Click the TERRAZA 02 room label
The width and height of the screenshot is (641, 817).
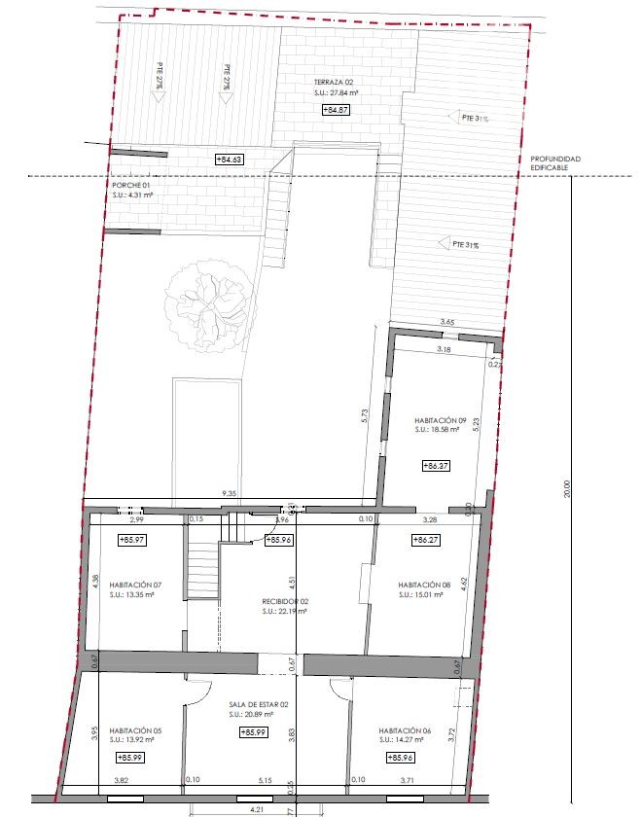point(333,82)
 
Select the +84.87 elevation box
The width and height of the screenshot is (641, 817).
point(336,111)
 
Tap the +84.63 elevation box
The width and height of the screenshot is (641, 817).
point(228,159)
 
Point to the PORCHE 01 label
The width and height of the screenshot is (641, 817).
point(131,184)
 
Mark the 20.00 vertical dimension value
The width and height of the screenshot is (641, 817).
point(569,492)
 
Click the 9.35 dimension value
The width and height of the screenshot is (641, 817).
point(231,494)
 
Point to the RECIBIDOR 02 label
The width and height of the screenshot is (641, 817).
point(285,601)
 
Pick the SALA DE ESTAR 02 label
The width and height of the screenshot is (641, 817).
point(259,704)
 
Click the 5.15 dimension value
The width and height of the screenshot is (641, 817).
point(265,780)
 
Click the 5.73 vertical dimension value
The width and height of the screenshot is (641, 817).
point(364,413)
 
